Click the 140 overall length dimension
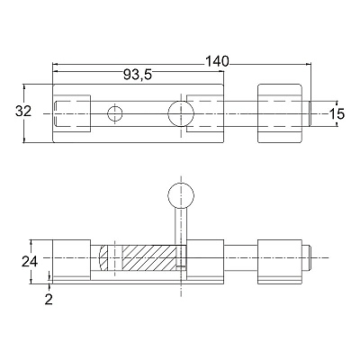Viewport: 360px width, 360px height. coord(217,61)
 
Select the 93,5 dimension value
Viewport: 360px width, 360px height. coord(138,75)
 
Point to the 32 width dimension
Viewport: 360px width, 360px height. coord(23,112)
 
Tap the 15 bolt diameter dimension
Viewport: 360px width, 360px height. coord(337,113)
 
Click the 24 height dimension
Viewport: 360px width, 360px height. coord(30,262)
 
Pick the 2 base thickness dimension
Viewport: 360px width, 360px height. coord(49,299)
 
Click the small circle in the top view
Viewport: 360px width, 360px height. coord(115,113)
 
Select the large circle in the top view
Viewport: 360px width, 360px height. coord(181,113)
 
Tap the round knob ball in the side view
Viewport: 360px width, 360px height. coord(181,196)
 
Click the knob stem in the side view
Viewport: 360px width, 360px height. coord(181,227)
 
